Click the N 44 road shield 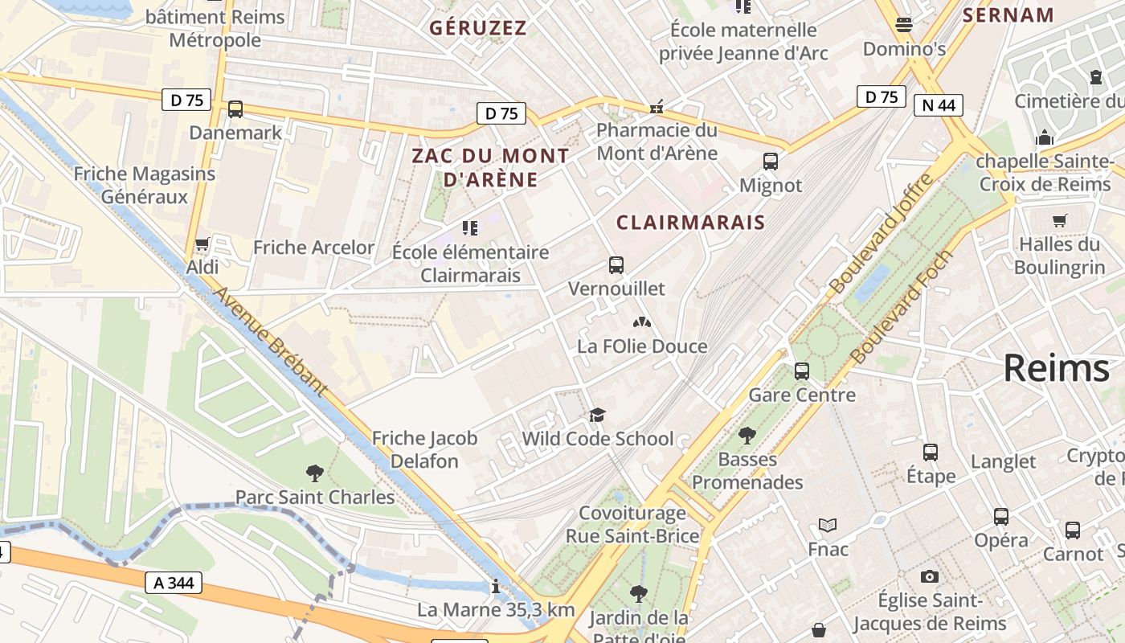pos(939,105)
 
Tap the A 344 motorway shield pos(174,583)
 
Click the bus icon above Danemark pos(235,109)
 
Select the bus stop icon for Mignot pos(771,162)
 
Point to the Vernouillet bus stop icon pos(616,264)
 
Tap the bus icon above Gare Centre pos(802,371)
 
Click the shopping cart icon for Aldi pos(202,244)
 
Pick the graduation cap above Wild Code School pos(597,415)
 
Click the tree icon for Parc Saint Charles pos(314,473)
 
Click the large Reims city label pos(1056,368)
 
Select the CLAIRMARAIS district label pos(690,222)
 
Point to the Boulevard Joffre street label pos(882,233)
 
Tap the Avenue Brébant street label pos(270,342)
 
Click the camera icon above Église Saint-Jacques pos(930,576)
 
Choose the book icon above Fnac pos(828,526)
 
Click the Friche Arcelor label pos(313,248)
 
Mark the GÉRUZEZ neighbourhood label pos(478,28)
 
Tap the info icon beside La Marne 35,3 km pos(496,587)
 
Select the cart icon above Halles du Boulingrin pos(1060,220)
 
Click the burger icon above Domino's pos(904,25)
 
